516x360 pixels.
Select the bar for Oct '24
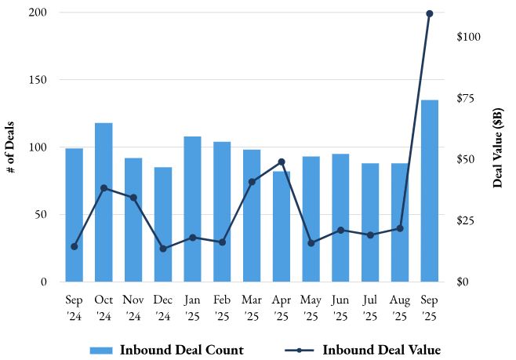click(x=104, y=202)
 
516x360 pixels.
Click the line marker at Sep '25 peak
click(x=430, y=13)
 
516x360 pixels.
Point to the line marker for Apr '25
click(x=282, y=162)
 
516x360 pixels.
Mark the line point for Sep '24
click(x=74, y=246)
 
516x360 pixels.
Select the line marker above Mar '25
click(x=252, y=182)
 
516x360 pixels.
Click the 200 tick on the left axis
click(x=38, y=13)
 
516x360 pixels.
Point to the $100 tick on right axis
click(x=468, y=37)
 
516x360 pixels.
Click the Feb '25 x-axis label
click(x=222, y=307)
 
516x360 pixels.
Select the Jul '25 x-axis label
click(x=370, y=307)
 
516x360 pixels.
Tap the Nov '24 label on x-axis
click(x=133, y=307)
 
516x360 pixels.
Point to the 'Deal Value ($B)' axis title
click(x=498, y=148)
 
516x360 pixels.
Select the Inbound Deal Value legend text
click(x=381, y=350)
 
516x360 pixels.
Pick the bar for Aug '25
click(x=400, y=222)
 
